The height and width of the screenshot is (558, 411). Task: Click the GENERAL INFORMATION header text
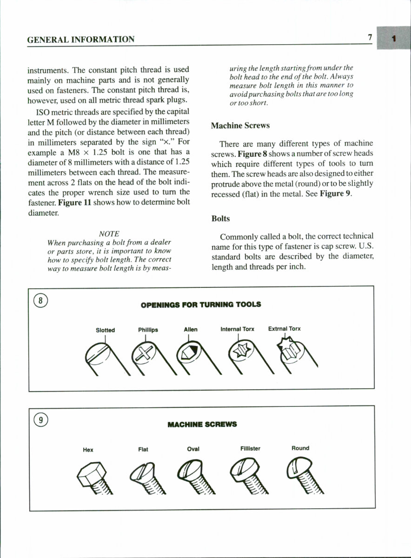pos(81,40)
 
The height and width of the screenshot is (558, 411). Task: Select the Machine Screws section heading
pos(240,126)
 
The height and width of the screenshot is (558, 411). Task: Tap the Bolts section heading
pos(220,219)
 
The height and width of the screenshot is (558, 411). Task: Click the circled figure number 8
pos(41,300)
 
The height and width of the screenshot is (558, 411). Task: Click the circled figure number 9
pos(41,420)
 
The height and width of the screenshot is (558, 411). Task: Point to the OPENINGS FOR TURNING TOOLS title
pos(200,305)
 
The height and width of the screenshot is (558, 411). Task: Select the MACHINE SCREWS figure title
pos(202,424)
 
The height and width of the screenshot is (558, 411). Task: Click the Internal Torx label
pos(237,329)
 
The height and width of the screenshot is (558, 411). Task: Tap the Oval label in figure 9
pos(193,449)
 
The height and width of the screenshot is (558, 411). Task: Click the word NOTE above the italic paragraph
pos(109,234)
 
